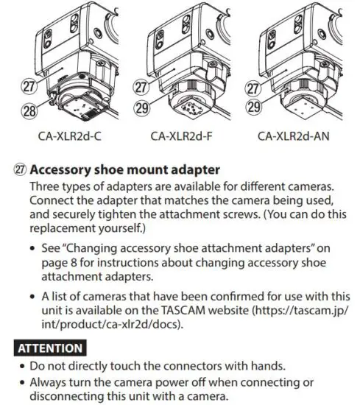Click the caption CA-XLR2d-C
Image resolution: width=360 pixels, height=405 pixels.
pyautogui.click(x=70, y=135)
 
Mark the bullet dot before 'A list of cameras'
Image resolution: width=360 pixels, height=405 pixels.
pyautogui.click(x=35, y=295)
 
